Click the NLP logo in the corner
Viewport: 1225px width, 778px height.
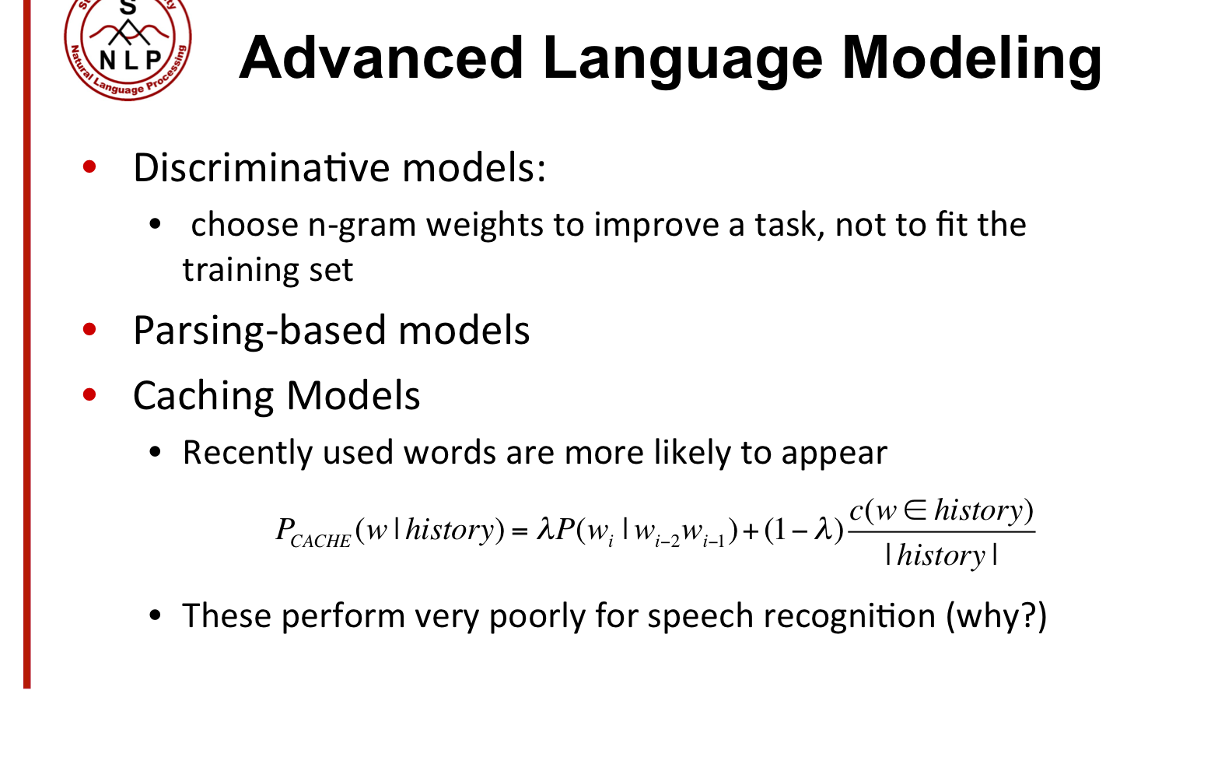[x=128, y=48]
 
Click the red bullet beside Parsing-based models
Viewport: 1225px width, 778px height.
[x=89, y=330]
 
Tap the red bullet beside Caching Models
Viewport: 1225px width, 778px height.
[x=89, y=395]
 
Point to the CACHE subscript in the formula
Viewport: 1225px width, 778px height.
[x=320, y=541]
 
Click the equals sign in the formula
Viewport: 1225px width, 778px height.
[x=519, y=531]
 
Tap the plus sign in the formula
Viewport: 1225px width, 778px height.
[x=751, y=531]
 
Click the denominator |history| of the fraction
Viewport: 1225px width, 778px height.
[x=941, y=555]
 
